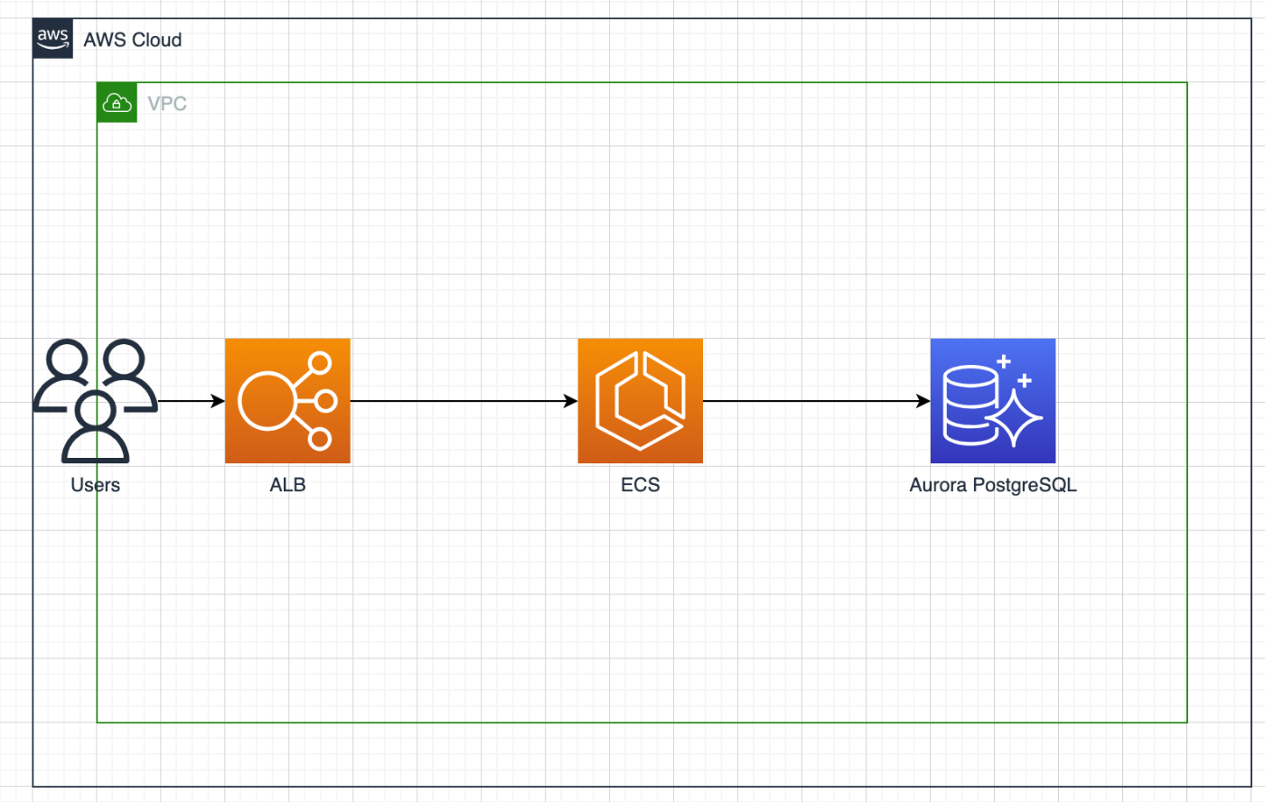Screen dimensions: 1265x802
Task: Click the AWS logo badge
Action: (x=53, y=38)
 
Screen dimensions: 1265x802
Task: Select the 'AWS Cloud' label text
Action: (x=133, y=40)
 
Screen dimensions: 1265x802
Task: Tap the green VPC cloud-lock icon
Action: (x=117, y=103)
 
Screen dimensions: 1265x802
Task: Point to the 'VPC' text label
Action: (x=167, y=104)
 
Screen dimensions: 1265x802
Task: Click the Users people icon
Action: (x=96, y=401)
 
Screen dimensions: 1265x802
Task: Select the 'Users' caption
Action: (x=96, y=485)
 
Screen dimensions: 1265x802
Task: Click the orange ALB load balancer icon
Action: (x=287, y=401)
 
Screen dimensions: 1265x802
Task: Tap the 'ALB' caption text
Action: (x=287, y=485)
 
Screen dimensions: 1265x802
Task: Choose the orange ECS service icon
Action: (x=641, y=401)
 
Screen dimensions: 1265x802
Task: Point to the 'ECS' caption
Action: (x=641, y=485)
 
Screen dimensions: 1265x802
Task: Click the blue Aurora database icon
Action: (x=993, y=401)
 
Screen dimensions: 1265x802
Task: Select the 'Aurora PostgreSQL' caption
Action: (x=993, y=485)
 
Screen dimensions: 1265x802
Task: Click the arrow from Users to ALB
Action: (x=192, y=401)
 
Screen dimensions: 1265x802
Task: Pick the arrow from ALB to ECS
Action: (x=464, y=401)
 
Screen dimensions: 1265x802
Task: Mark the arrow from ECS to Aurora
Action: (x=817, y=401)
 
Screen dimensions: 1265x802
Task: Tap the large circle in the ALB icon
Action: (x=267, y=401)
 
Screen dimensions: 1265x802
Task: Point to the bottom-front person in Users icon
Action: (x=96, y=426)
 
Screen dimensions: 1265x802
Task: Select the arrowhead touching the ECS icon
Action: (x=571, y=401)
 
